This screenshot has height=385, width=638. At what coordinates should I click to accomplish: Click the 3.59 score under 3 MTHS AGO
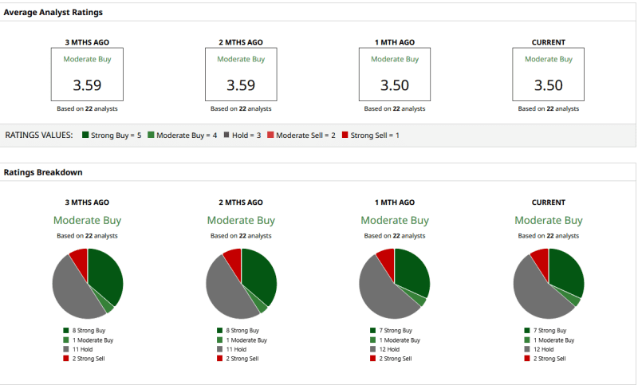87,85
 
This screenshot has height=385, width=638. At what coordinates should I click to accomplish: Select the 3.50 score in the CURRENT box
548,85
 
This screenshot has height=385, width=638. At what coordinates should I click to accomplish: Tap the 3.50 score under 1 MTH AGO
395,85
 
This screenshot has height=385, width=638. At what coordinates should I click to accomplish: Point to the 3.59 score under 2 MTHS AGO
241,85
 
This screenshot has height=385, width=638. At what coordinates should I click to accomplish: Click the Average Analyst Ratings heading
53,13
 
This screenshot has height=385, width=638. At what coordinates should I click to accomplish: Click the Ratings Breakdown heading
43,172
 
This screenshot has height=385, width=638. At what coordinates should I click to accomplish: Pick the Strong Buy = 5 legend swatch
85,136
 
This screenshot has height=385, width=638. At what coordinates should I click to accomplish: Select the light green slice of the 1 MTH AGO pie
421,301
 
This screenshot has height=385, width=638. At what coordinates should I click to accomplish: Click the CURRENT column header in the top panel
548,42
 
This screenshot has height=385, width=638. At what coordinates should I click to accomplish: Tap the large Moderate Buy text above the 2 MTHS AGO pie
241,220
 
